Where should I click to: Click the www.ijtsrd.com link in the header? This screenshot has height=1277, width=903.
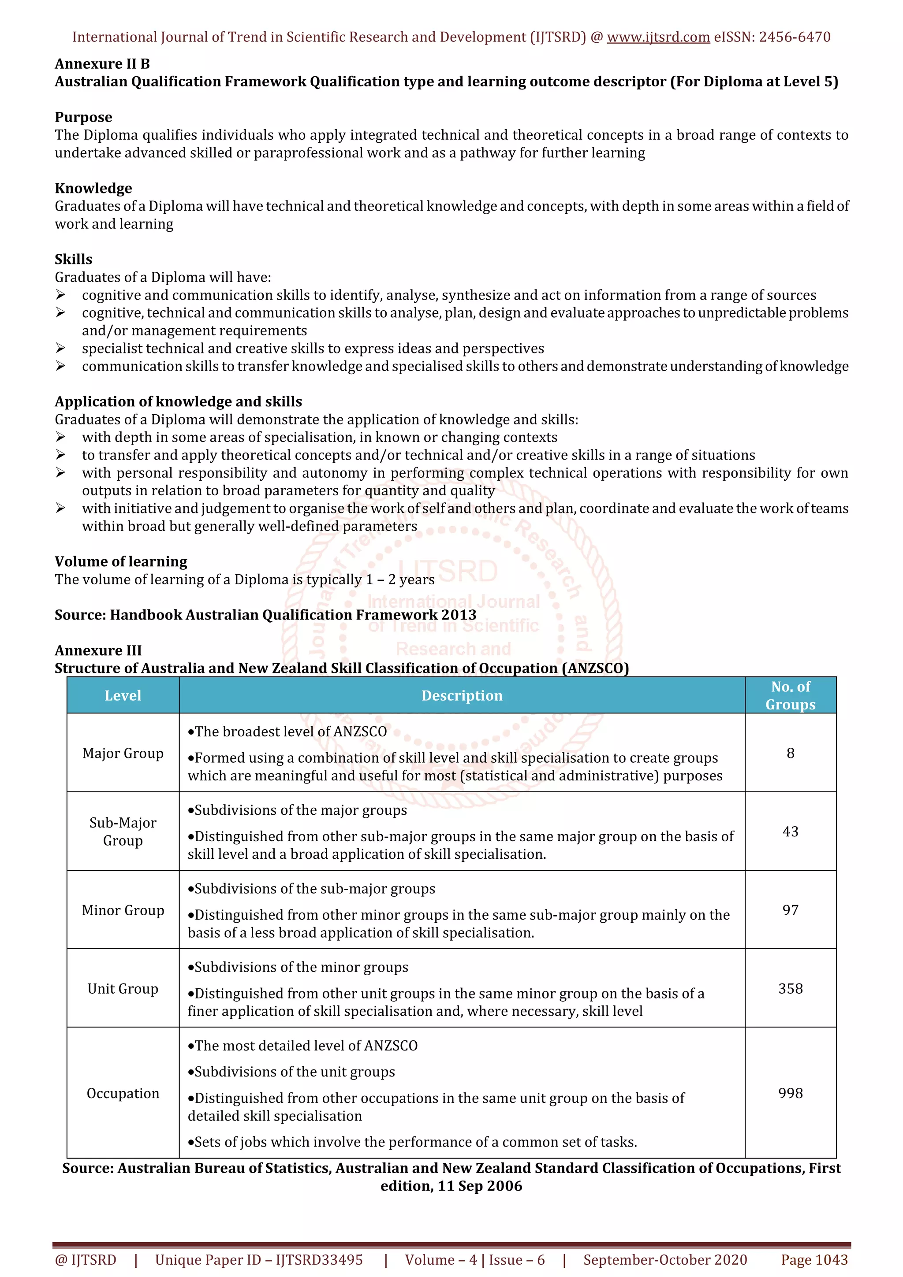coord(658,37)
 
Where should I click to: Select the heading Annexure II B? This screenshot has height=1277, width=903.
coord(102,64)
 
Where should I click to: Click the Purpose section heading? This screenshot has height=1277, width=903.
coord(83,117)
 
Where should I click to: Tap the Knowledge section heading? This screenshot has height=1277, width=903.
coord(93,189)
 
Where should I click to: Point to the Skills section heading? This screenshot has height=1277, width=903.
coord(74,260)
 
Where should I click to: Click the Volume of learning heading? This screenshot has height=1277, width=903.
coord(121,562)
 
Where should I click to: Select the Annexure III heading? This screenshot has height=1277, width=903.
coord(98,651)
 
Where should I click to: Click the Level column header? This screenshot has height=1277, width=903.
coord(123,696)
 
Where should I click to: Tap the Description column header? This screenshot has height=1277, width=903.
coord(462,696)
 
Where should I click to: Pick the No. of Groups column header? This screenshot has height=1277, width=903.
coord(790,696)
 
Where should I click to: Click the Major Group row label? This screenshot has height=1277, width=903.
coord(123,753)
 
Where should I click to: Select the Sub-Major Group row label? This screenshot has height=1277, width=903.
coord(123,832)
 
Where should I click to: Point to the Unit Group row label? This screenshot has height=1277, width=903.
coord(123,988)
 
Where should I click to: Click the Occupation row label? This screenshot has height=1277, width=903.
coord(123,1093)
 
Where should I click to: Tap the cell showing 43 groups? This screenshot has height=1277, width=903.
coord(790,832)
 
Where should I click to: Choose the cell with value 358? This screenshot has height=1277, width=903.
coord(790,988)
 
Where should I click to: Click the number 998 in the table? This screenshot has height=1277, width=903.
coord(790,1093)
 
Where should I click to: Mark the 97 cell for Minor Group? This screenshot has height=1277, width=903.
coord(790,910)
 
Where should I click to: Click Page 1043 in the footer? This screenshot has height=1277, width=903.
coord(814,1260)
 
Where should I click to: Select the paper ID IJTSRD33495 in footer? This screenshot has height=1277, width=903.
coord(319,1260)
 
